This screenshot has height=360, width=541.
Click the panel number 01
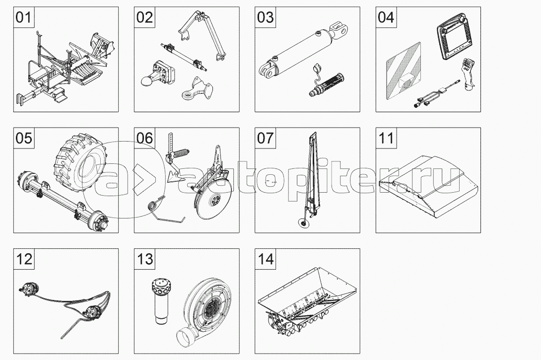[23, 17]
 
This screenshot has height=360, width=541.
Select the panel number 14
[266, 259]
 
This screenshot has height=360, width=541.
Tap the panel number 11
[387, 138]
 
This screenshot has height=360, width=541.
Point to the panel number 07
[266, 138]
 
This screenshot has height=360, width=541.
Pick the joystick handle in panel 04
[465, 76]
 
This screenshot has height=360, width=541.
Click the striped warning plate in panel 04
[404, 71]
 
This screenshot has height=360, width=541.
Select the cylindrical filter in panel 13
[160, 301]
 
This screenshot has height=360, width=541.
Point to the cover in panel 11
[428, 186]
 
